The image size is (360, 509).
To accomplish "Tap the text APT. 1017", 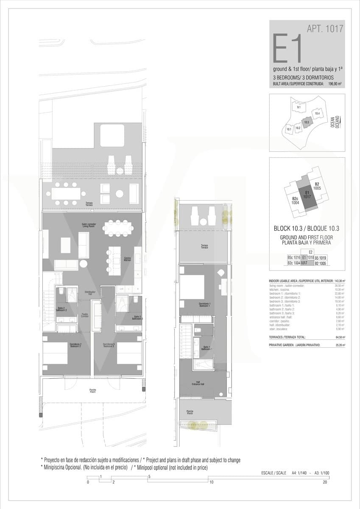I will point(324,29).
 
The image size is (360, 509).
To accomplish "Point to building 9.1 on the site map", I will point(299,107).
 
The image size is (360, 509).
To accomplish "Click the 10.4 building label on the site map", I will point(317,114).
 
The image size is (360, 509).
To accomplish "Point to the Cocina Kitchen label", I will point(127,259).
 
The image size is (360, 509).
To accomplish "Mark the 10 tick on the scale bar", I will point(211,482).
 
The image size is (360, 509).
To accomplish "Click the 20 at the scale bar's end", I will point(325,482).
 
